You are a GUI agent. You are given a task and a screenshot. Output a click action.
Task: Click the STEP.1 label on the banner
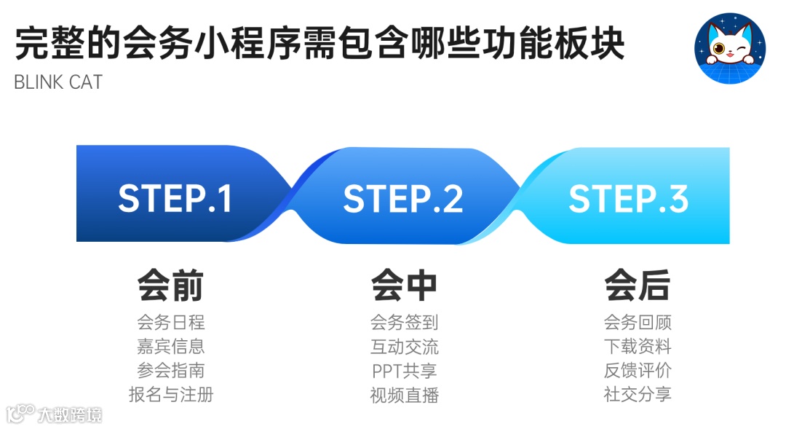pyautogui.click(x=175, y=199)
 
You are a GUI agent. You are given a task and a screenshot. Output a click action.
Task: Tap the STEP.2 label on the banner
pyautogui.click(x=402, y=199)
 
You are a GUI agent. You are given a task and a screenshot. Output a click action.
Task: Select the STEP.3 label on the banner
pyautogui.click(x=628, y=199)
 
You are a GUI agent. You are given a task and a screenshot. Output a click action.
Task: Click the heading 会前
pyautogui.click(x=170, y=286)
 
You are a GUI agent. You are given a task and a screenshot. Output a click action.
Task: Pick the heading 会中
pyautogui.click(x=404, y=286)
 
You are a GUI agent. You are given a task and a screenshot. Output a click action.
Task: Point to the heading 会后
pyautogui.click(x=637, y=286)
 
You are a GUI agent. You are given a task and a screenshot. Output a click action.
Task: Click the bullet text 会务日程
pyautogui.click(x=170, y=323)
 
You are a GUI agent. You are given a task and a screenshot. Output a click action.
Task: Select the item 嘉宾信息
pyautogui.click(x=170, y=347)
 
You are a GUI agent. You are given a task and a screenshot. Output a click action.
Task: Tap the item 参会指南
pyautogui.click(x=170, y=371)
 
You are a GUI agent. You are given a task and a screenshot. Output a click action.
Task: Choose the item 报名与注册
pyautogui.click(x=170, y=395)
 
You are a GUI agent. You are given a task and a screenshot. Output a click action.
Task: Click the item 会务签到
pyautogui.click(x=404, y=323)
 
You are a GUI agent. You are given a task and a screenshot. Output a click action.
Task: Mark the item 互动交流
pyautogui.click(x=404, y=347)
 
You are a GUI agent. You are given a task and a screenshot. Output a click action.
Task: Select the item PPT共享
pyautogui.click(x=404, y=371)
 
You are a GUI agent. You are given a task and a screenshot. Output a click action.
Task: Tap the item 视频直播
pyautogui.click(x=404, y=395)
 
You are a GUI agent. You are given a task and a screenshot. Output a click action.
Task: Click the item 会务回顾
pyautogui.click(x=637, y=323)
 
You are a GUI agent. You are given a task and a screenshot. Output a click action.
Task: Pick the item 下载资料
pyautogui.click(x=637, y=347)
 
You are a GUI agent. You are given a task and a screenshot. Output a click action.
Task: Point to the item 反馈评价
pyautogui.click(x=637, y=371)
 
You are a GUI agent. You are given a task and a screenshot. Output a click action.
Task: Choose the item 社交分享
pyautogui.click(x=637, y=395)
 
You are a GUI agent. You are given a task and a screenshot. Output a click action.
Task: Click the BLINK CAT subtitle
pyautogui.click(x=58, y=82)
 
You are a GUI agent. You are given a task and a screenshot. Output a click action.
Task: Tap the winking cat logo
pyautogui.click(x=730, y=48)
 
